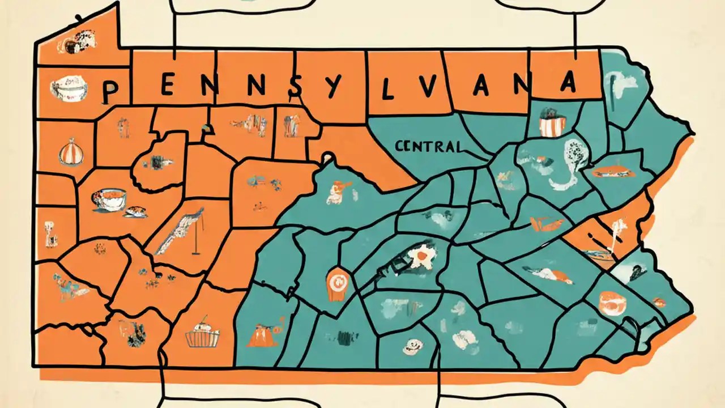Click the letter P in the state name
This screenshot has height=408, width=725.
111,91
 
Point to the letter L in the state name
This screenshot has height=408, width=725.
387,91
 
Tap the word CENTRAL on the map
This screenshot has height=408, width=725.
429,147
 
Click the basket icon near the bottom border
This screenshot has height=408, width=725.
202,335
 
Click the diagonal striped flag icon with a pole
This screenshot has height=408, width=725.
184,232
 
